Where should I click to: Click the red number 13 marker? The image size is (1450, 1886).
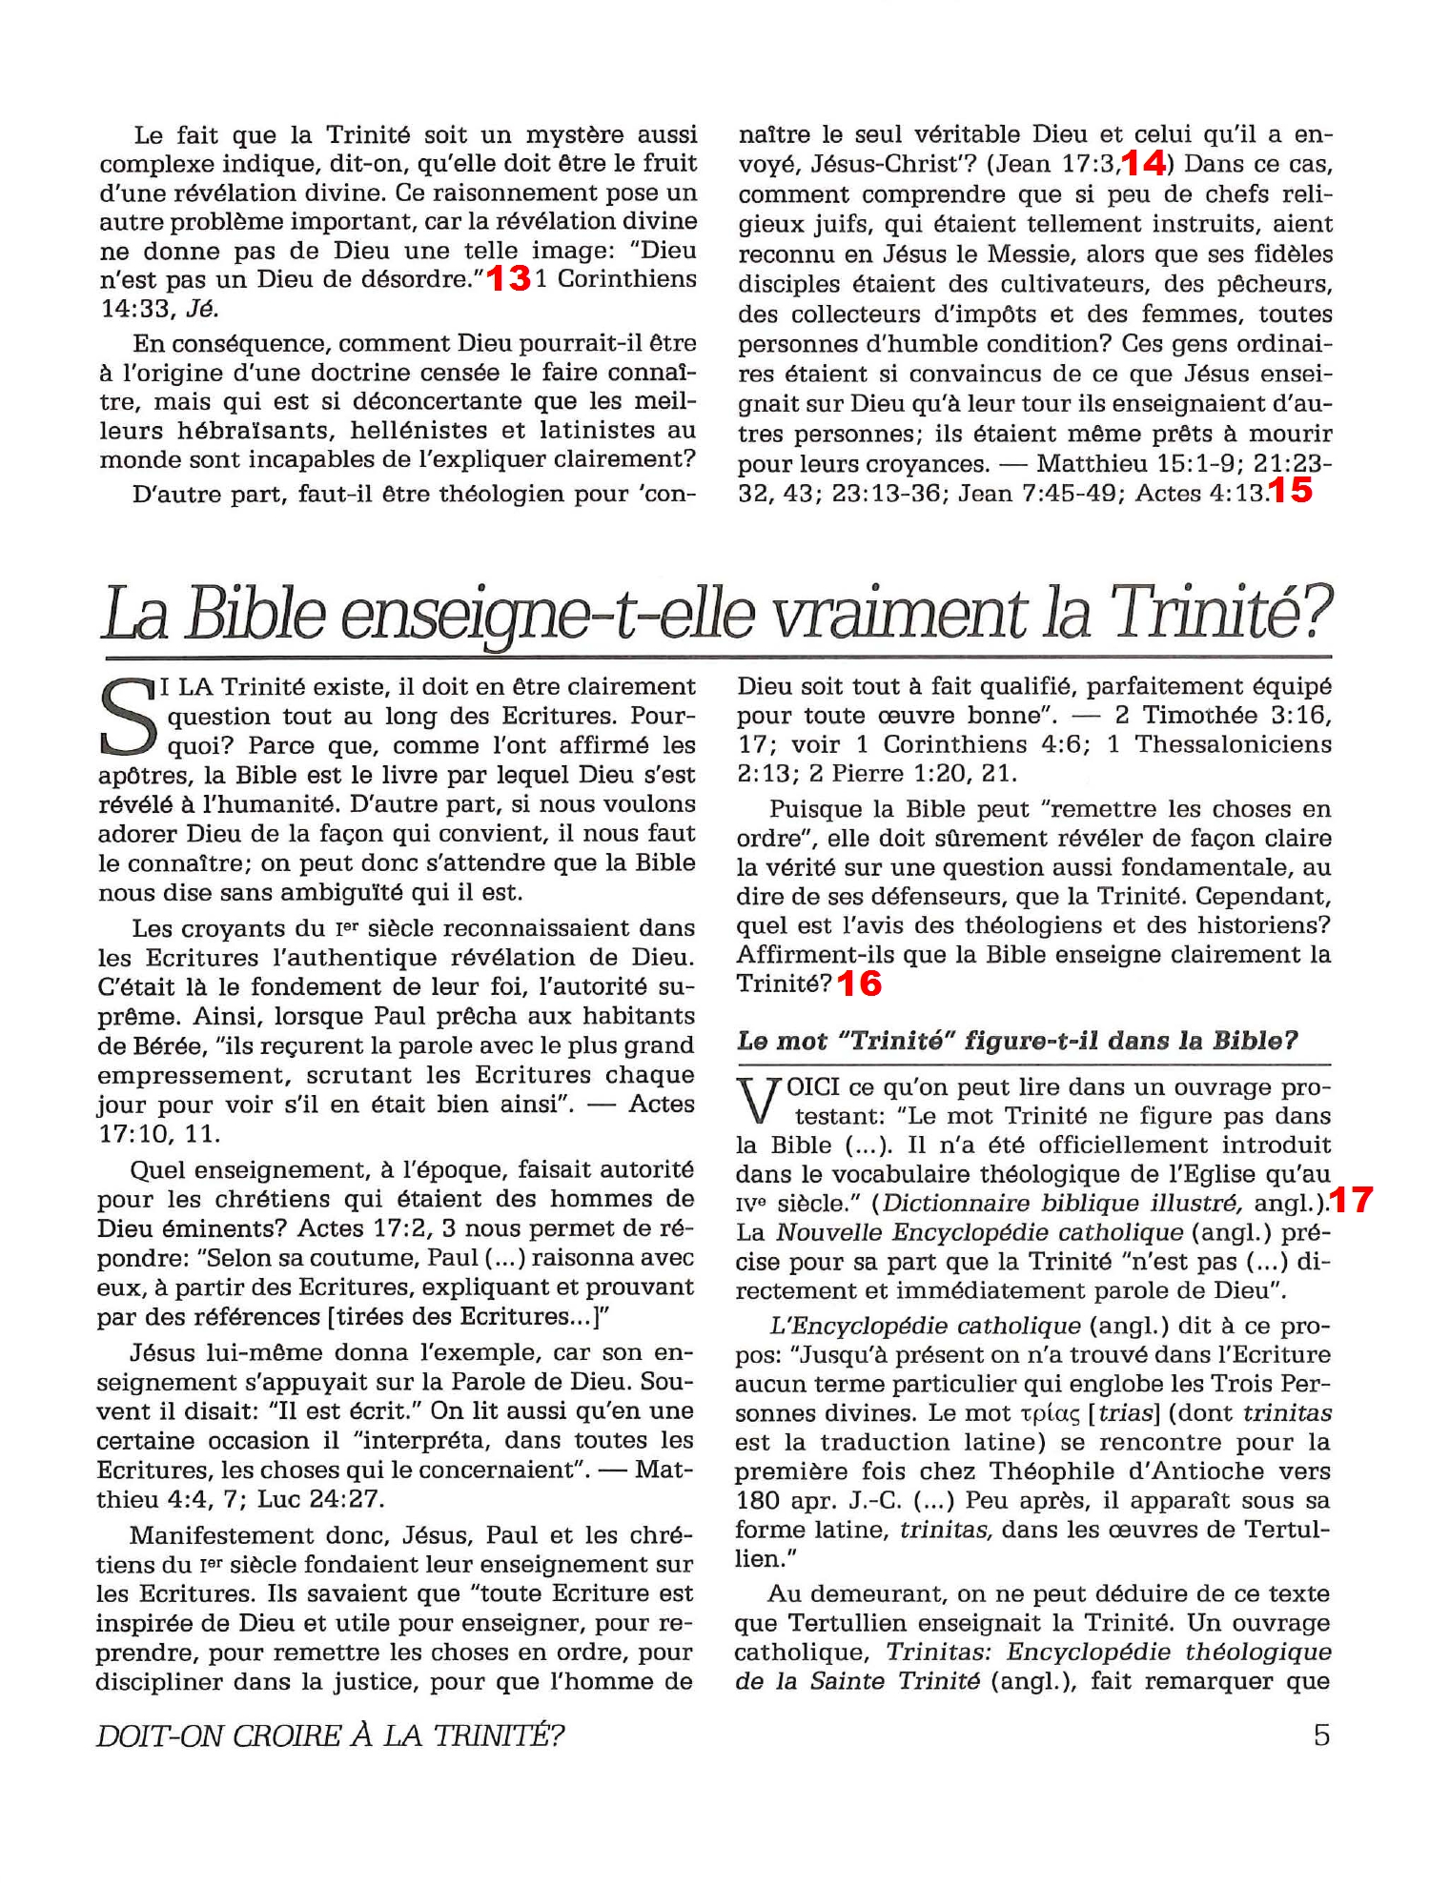tap(508, 279)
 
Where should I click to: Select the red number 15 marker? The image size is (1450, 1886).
tap(1292, 491)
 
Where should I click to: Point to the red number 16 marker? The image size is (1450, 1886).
tap(860, 984)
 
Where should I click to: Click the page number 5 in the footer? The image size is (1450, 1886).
tap(1321, 1734)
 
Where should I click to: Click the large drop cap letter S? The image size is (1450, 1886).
tap(128, 716)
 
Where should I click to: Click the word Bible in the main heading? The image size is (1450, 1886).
tap(255, 615)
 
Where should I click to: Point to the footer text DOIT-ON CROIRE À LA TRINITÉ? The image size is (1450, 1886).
tap(330, 1735)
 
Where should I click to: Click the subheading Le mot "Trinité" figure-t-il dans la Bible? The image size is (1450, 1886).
tap(1016, 1041)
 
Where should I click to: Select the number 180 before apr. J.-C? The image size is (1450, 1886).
tap(759, 1501)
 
